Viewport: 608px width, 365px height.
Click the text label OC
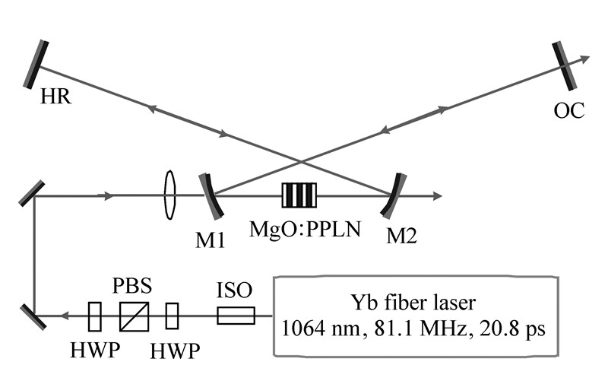click(x=569, y=111)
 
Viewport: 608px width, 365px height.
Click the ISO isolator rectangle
click(x=236, y=315)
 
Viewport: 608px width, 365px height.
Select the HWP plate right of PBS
click(x=173, y=316)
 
